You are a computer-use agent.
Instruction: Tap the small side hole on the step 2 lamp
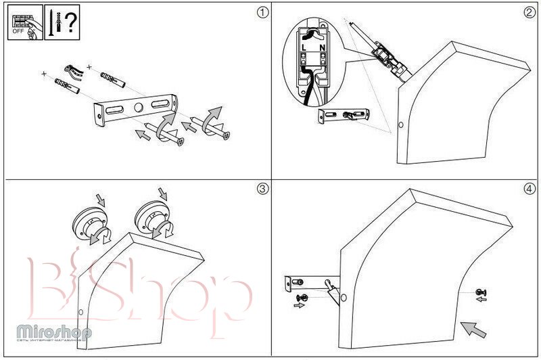point(400,126)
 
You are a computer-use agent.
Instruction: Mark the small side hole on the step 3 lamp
point(81,312)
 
